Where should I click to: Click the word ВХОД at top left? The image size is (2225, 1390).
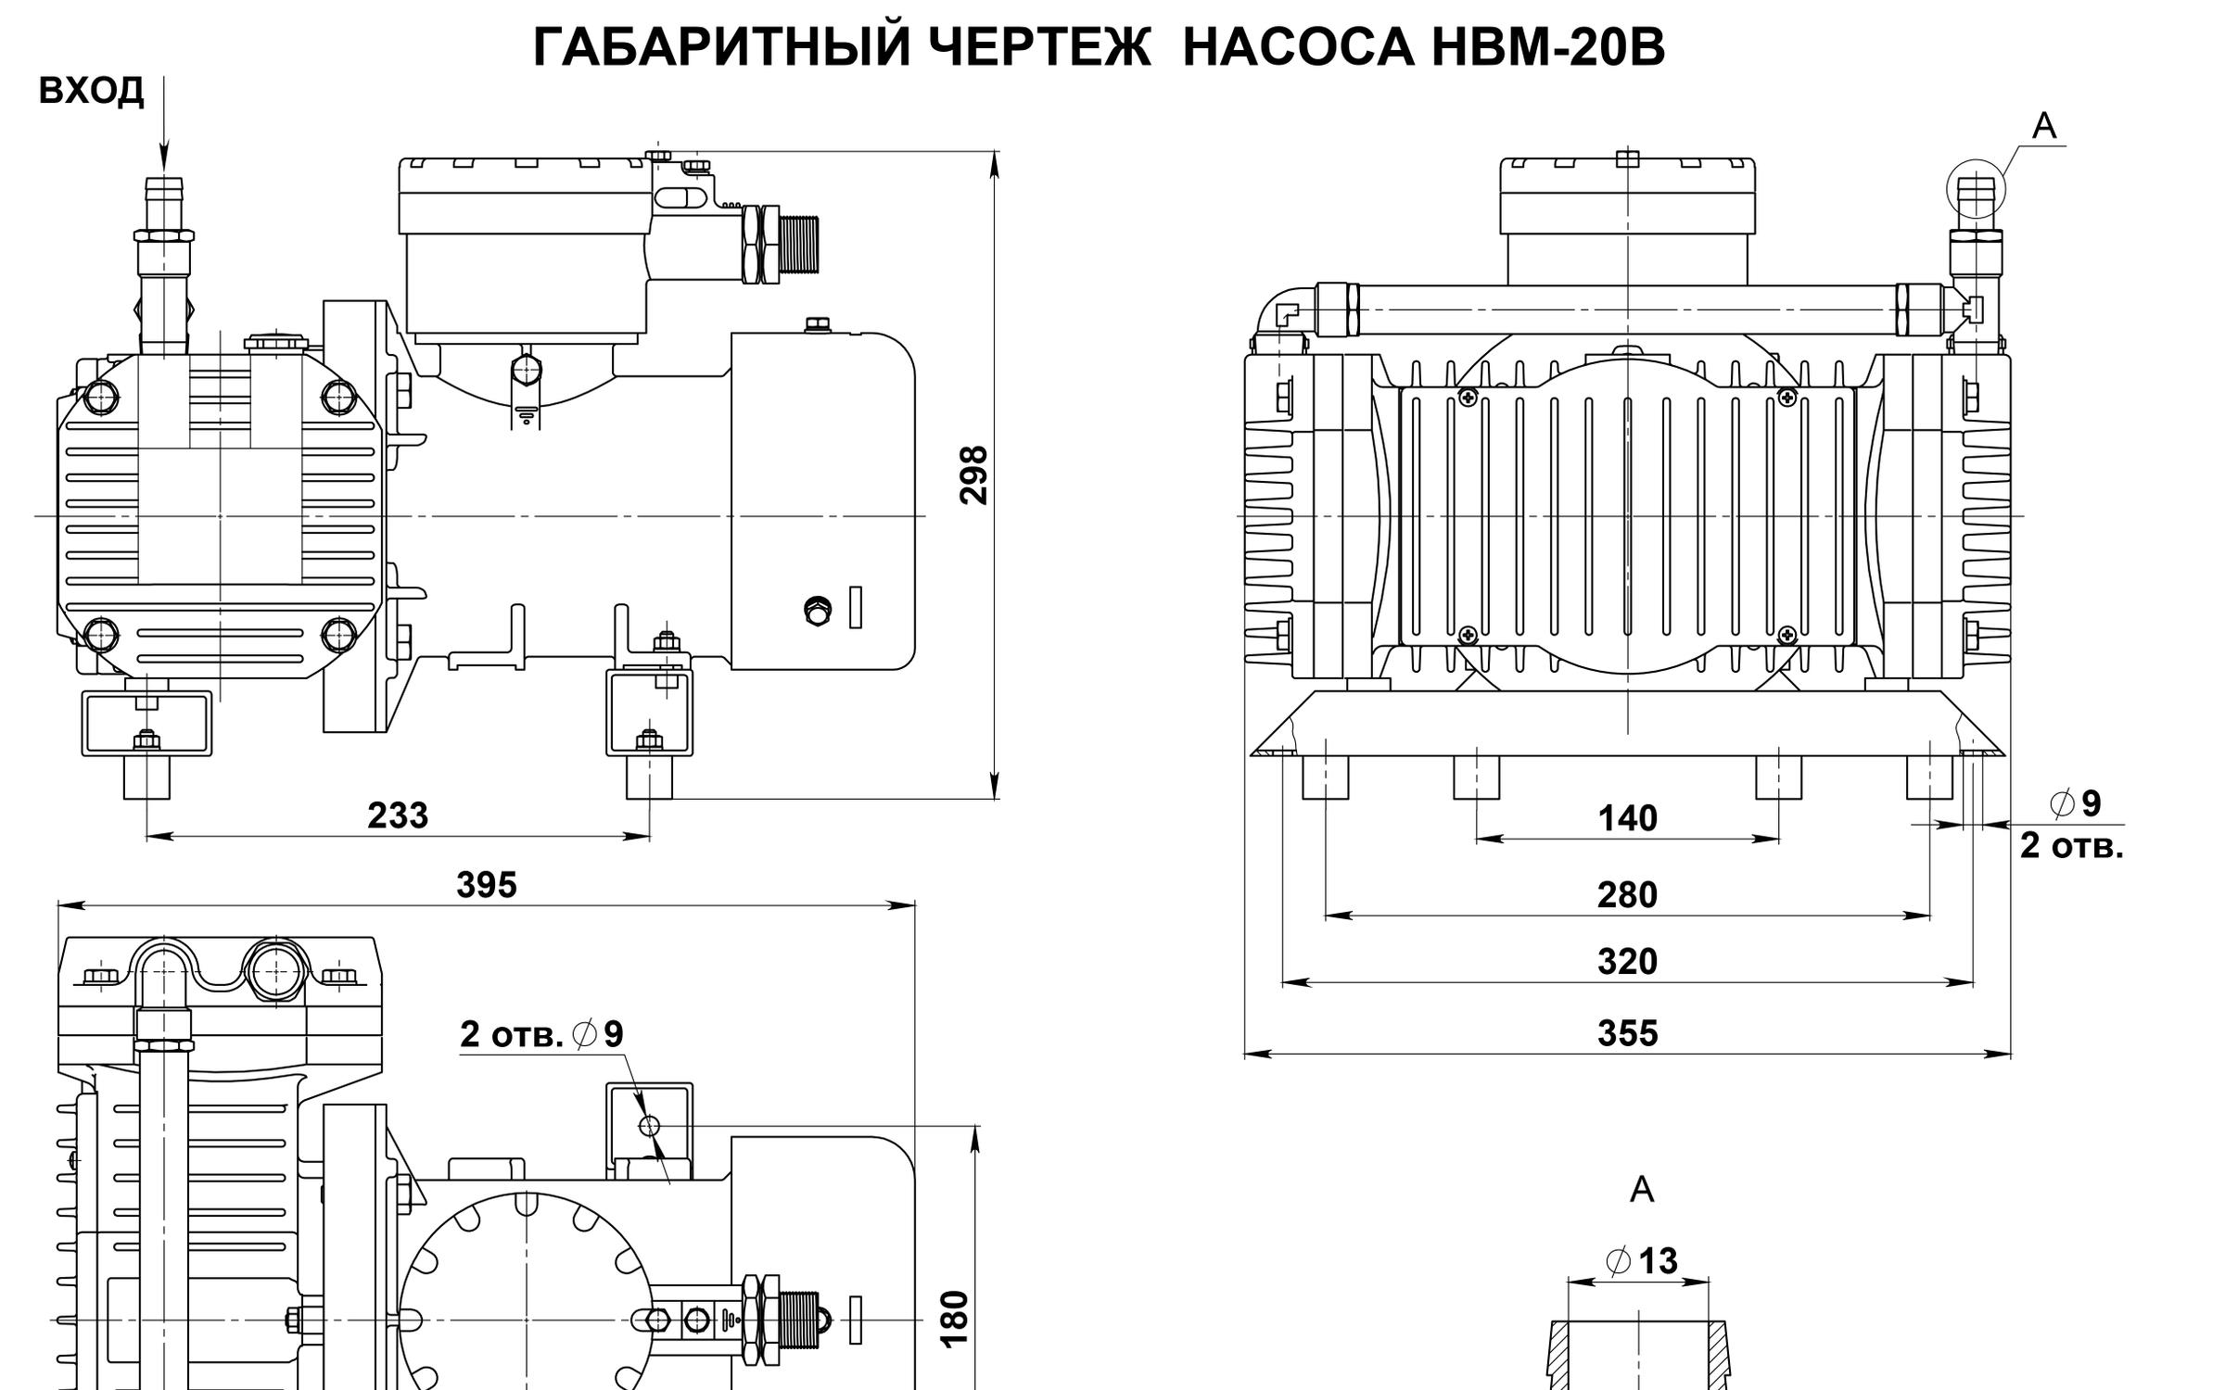pos(92,92)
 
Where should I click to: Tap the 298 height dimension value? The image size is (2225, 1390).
pos(973,474)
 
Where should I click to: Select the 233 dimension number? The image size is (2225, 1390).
pos(398,815)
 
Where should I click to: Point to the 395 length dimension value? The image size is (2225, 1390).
pos(486,885)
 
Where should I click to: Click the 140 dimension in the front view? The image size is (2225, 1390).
pos(1627,818)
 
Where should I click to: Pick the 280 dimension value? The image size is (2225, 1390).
pos(1627,895)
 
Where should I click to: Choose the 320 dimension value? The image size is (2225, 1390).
pos(1627,962)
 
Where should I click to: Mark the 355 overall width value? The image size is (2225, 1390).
pos(1627,1033)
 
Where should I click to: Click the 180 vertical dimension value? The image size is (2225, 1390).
pos(955,1318)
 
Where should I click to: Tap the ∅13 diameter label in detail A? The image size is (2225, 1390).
pos(1642,1261)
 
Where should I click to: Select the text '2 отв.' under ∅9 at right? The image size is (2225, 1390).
pos(2070,846)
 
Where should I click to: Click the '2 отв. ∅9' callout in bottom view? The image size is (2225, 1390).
pos(542,1034)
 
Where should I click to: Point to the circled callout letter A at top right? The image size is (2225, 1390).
pos(2044,126)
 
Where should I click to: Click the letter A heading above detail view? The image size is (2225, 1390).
pos(1642,1189)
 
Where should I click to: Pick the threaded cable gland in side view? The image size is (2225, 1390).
pos(795,245)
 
